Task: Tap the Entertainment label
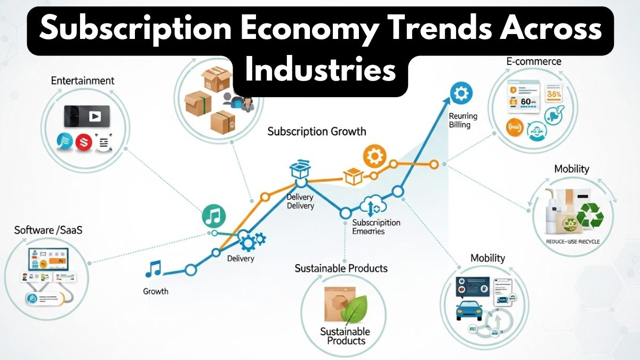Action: pos(83,81)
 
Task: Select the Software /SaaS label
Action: pos(49,230)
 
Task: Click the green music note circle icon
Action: pos(214,216)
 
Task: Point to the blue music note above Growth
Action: pos(154,269)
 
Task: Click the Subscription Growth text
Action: pos(317,131)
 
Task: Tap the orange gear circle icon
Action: pos(374,156)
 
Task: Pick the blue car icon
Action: pos(470,309)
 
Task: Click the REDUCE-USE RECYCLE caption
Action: pos(573,242)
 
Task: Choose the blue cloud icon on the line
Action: pos(371,205)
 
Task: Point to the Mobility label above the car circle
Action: pos(487,258)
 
